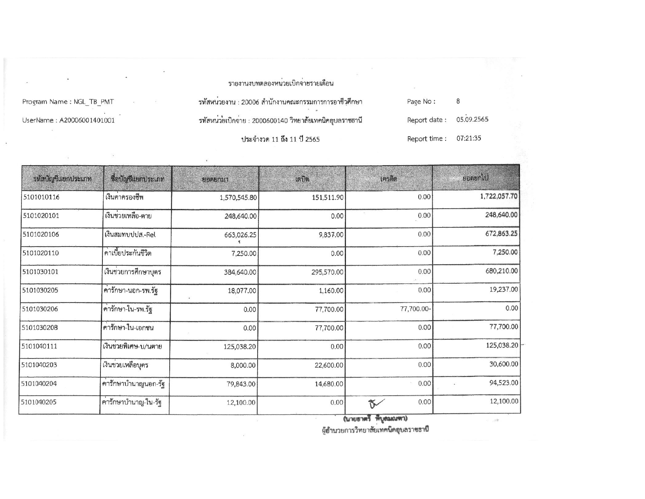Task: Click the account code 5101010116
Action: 41,197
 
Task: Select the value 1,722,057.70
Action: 499,196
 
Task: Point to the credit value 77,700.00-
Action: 416,309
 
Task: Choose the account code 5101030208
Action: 41,328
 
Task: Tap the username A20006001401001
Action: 87,121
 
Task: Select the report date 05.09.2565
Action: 472,120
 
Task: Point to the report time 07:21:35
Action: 469,138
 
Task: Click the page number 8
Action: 458,101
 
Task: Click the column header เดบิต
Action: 302,179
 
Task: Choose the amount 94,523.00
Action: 504,383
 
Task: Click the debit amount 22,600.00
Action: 329,365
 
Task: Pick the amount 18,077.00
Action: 242,291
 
